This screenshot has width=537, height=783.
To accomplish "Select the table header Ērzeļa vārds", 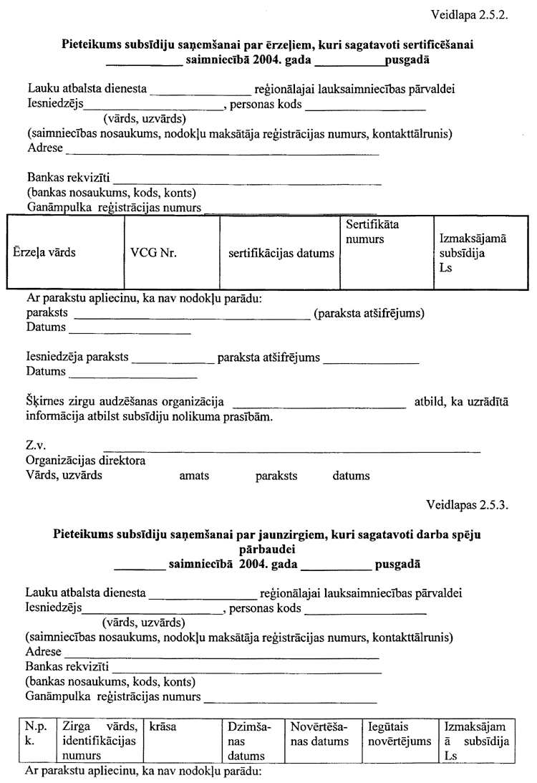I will pyautogui.click(x=44, y=253).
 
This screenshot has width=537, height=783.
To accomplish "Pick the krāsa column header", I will pyautogui.click(x=163, y=727).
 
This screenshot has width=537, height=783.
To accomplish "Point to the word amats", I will pyautogui.click(x=193, y=476).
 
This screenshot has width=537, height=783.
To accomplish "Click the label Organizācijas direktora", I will pyautogui.click(x=86, y=461).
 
